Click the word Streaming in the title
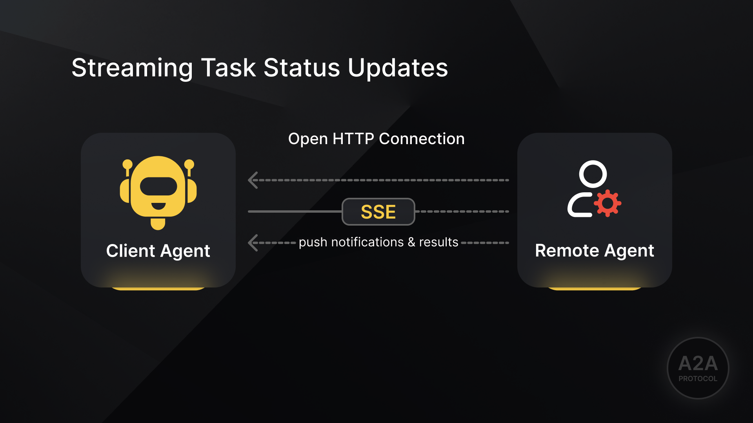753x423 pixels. pos(132,68)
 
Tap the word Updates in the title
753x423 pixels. pos(398,68)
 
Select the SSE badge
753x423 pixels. pos(378,212)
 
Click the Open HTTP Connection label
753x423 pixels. pos(376,139)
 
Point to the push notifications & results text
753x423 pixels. pos(378,242)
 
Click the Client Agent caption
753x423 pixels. pos(158,251)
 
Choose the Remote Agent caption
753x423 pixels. pos(594,251)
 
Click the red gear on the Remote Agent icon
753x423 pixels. pos(607,203)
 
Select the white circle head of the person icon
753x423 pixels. pos(593,174)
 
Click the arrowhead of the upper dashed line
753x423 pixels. pos(253,180)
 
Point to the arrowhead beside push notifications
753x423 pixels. pos(253,243)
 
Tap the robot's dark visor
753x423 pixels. pos(158,186)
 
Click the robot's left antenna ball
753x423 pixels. pos(127,164)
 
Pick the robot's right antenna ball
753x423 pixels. pos(189,164)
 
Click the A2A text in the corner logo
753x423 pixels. pos(698,363)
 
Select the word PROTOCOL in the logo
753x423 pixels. pos(698,379)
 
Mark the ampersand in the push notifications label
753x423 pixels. pos(411,242)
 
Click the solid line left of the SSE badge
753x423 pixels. pos(294,211)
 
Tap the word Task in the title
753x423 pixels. pos(228,68)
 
